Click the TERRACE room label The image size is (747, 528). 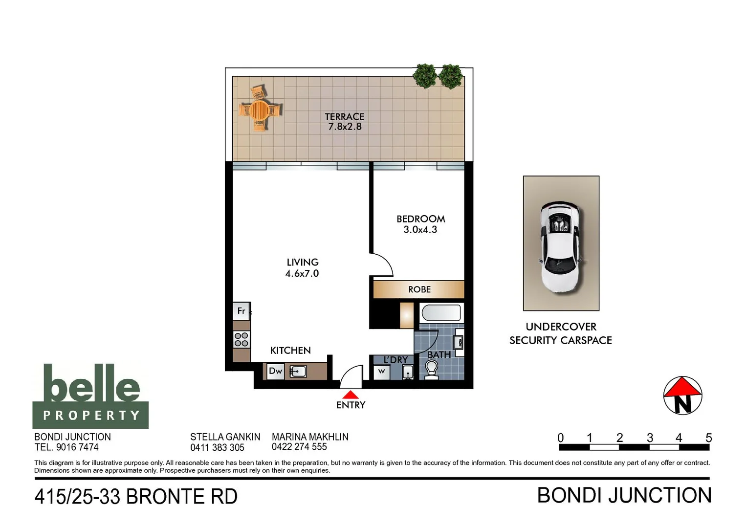344,116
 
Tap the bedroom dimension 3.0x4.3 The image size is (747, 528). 420,230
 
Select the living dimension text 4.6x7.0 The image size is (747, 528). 302,274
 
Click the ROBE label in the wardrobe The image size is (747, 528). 419,289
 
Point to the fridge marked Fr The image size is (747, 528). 241,311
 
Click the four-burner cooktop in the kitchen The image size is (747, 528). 242,339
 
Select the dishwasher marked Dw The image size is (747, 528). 275,371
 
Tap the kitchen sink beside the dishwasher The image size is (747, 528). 298,372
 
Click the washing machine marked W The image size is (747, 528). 381,372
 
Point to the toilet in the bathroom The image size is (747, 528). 431,370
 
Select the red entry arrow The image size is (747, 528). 350,395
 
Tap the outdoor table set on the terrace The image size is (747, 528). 260,110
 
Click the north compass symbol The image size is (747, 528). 682,396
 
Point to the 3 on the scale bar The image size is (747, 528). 650,438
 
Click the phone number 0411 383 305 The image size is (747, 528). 217,447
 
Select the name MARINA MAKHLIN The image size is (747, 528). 310,437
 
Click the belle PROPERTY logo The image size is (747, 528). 90,396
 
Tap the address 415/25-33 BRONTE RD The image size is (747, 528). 136,497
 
